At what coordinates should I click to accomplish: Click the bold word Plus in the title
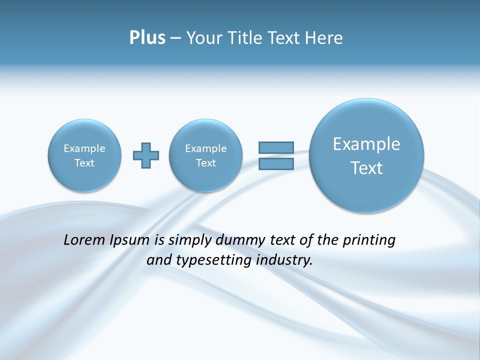click(147, 38)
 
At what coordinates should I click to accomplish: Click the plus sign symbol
click(146, 155)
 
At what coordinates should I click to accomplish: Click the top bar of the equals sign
click(276, 147)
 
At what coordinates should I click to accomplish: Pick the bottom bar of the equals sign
click(276, 163)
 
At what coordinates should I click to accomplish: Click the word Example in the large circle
click(366, 144)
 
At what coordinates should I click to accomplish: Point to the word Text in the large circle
click(366, 168)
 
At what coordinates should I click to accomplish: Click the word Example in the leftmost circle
click(84, 148)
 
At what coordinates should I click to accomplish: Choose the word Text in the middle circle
click(206, 163)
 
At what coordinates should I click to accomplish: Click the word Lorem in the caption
click(82, 240)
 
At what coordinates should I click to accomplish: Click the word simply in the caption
click(188, 240)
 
